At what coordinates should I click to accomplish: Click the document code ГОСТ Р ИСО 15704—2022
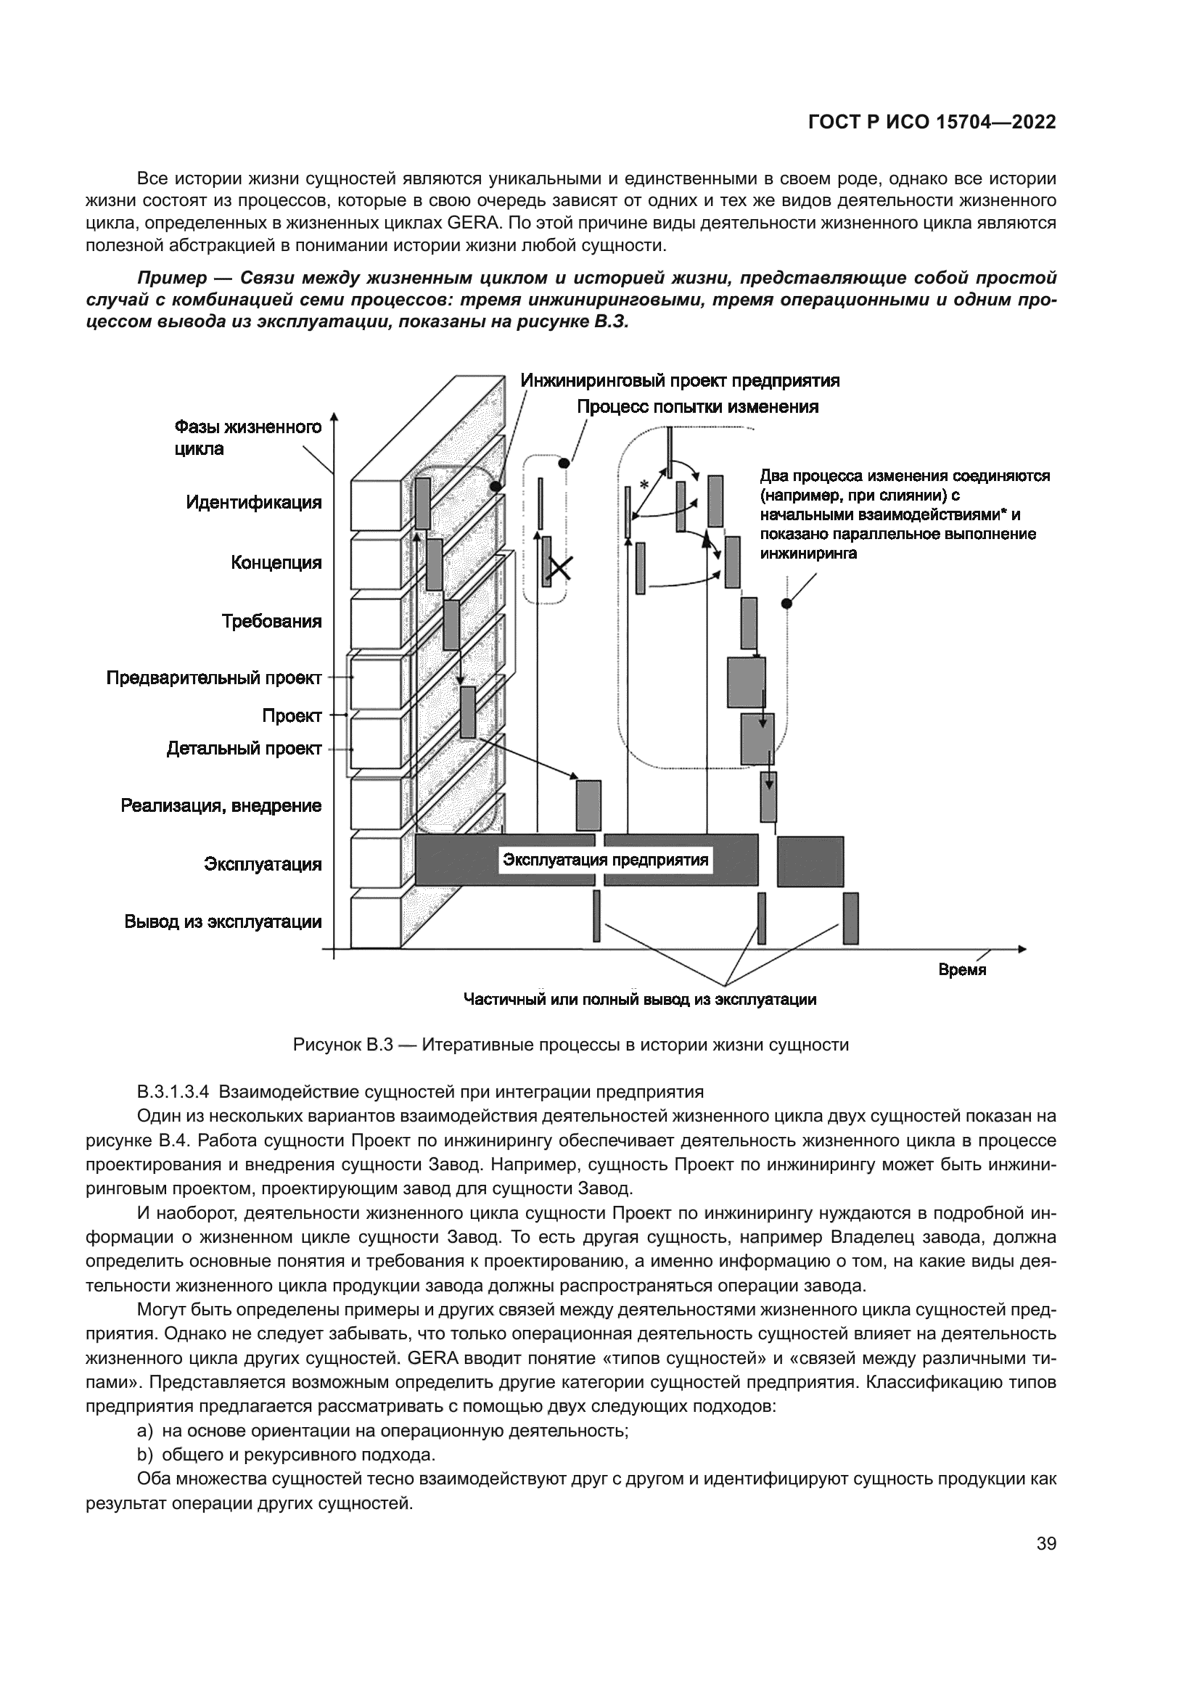pyautogui.click(x=932, y=123)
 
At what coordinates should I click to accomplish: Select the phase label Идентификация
pyautogui.click(x=253, y=503)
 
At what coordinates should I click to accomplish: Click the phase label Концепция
pyautogui.click(x=276, y=562)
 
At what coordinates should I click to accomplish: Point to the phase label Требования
pyautogui.click(x=272, y=621)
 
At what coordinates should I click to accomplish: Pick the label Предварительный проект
pyautogui.click(x=214, y=677)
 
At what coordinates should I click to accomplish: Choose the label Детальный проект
pyautogui.click(x=244, y=749)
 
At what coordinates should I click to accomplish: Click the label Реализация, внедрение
pyautogui.click(x=221, y=805)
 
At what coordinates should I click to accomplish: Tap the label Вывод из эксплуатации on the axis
pyautogui.click(x=223, y=921)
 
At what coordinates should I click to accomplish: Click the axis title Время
pyautogui.click(x=962, y=970)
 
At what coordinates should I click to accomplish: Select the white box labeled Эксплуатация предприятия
pyautogui.click(x=605, y=860)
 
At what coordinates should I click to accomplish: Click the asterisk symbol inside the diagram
pyautogui.click(x=644, y=485)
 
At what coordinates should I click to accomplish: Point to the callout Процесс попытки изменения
pyautogui.click(x=697, y=406)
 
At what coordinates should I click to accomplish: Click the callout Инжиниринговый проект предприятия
pyautogui.click(x=680, y=381)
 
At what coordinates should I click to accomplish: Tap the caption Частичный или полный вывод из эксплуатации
pyautogui.click(x=639, y=1000)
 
